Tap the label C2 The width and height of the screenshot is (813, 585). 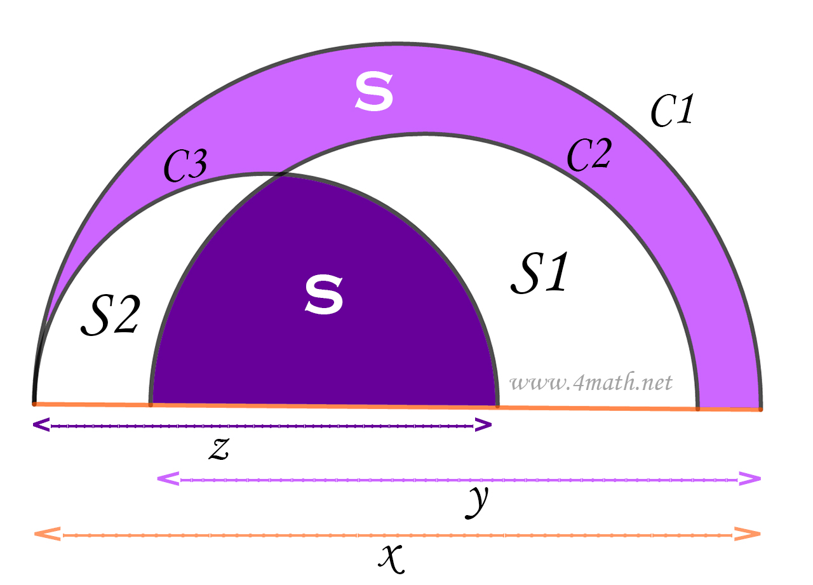pos(589,156)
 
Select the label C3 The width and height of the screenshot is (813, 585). pos(185,167)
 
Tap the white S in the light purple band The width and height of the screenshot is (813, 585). pos(374,92)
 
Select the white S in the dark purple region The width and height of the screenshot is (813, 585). pos(324,295)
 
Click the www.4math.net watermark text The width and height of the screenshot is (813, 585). pos(591,383)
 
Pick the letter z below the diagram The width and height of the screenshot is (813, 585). pos(218,448)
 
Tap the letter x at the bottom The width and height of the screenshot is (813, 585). pos(392,557)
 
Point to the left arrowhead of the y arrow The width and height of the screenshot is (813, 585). pos(166,479)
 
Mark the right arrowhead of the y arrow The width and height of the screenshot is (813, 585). pos(751,479)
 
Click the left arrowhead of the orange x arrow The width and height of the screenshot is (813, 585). pos(46,534)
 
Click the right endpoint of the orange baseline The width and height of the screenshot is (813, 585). pos(760,409)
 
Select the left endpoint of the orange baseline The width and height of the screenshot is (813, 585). pos(34,403)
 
